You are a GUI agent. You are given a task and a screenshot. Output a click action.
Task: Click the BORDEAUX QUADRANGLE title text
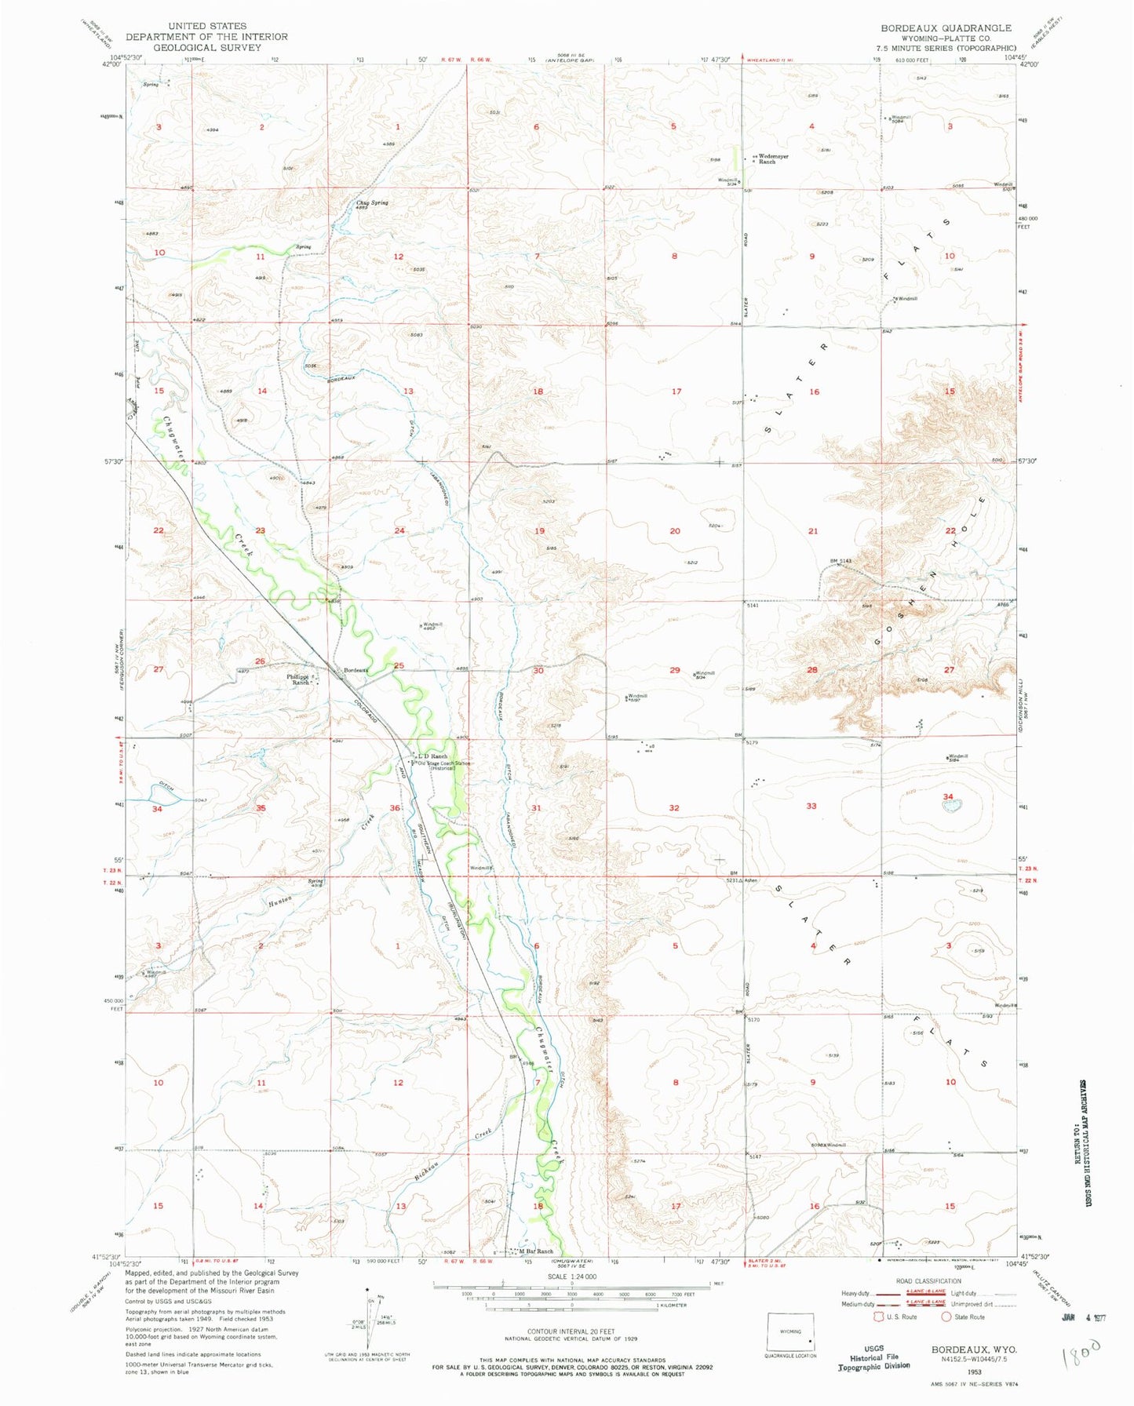(946, 27)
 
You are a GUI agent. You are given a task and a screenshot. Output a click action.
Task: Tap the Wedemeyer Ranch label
(771, 158)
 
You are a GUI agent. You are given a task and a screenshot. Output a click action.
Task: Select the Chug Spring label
(372, 203)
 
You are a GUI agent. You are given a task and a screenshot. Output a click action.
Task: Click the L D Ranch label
(433, 756)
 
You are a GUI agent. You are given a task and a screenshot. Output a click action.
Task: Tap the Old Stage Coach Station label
(443, 765)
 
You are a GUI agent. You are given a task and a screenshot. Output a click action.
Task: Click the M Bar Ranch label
(536, 1251)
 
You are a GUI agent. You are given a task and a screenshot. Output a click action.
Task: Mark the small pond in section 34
(951, 807)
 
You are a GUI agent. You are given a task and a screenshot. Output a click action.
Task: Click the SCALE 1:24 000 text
(571, 1277)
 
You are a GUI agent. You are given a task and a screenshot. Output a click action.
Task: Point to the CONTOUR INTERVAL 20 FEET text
(571, 1331)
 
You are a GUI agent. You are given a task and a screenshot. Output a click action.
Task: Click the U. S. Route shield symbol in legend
(880, 1317)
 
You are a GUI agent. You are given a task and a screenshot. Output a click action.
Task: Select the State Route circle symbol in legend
(946, 1317)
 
